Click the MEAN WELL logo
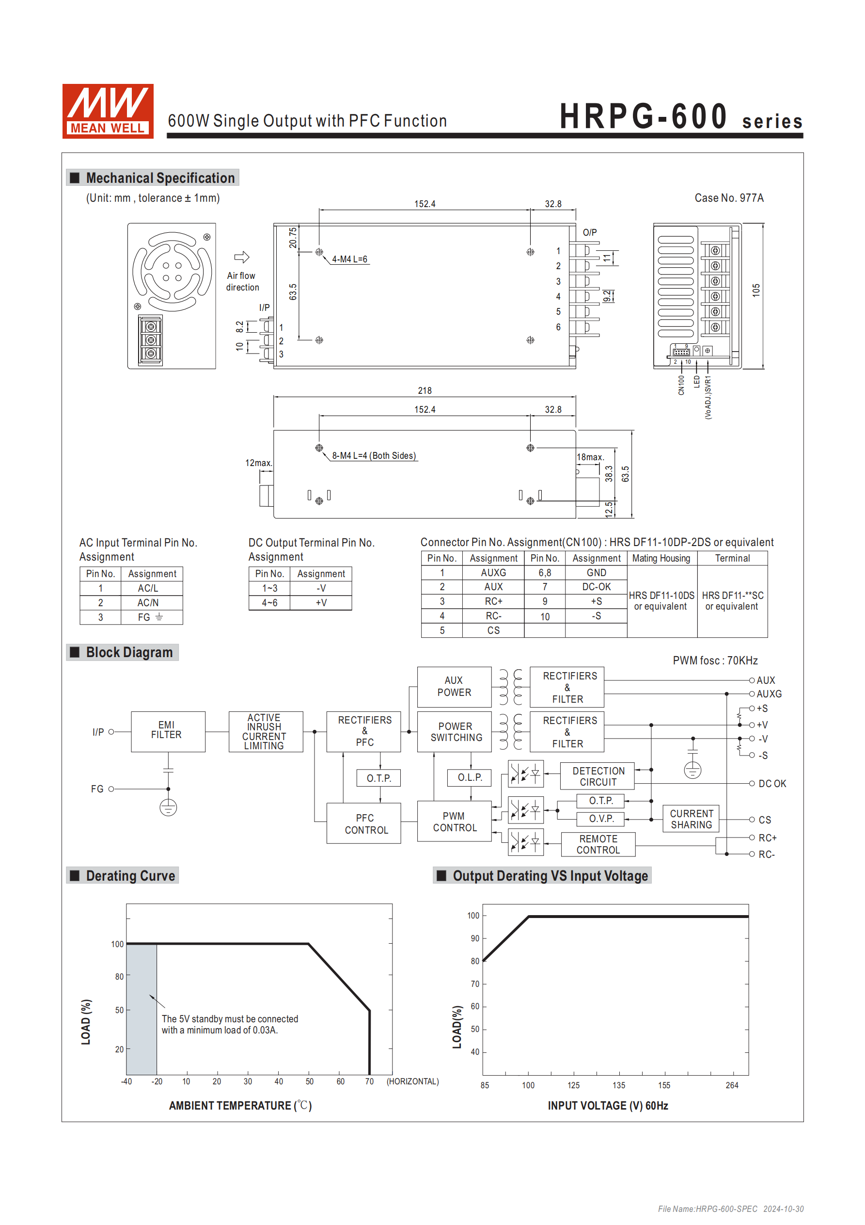coord(108,111)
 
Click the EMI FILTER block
coord(168,731)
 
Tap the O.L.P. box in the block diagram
coord(469,777)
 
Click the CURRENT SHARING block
coord(691,819)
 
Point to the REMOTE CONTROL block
coord(598,844)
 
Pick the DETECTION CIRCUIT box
coord(598,776)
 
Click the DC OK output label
coord(771,783)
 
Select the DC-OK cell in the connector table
coord(596,587)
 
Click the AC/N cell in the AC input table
coord(148,602)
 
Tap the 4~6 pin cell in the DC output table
coord(269,602)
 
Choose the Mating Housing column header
coord(661,558)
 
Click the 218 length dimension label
coord(425,390)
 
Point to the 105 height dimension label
coord(755,290)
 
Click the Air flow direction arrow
coord(242,257)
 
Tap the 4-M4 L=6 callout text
coord(349,259)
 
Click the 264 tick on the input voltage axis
coord(732,1085)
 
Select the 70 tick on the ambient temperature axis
coord(369,1081)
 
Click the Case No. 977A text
coord(728,198)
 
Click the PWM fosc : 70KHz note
coord(715,661)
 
